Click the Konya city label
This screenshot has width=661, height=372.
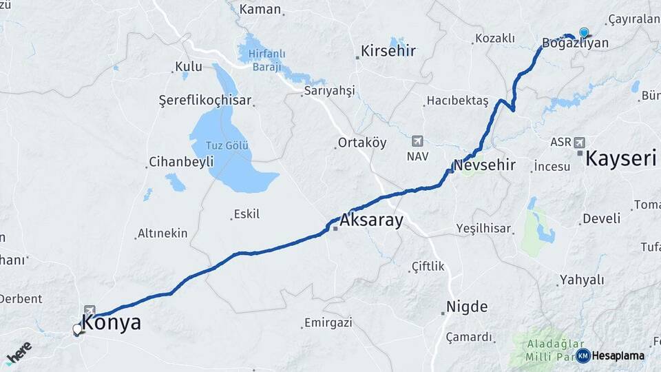pyautogui.click(x=112, y=322)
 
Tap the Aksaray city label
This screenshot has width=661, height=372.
pyautogui.click(x=371, y=222)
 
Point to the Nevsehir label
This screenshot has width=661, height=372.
pyautogui.click(x=484, y=165)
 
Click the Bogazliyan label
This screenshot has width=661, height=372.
pyautogui.click(x=575, y=43)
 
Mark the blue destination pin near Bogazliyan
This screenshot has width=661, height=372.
pyautogui.click(x=584, y=32)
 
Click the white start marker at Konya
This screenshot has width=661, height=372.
pyautogui.click(x=78, y=329)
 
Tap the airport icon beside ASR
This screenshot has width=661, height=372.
pyautogui.click(x=579, y=142)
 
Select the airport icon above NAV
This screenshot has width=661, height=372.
pyautogui.click(x=417, y=141)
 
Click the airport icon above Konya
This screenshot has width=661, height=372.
pyautogui.click(x=90, y=311)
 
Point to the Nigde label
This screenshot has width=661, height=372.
pyautogui.click(x=467, y=307)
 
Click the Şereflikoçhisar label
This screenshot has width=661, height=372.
pyautogui.click(x=206, y=101)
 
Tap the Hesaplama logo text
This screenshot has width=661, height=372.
pyautogui.click(x=618, y=355)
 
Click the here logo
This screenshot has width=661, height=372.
pyautogui.click(x=19, y=352)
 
